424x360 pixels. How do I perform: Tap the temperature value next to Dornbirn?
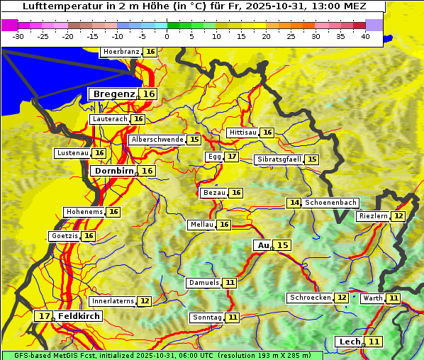(x=147, y=171)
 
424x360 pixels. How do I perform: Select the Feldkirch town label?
(x=79, y=316)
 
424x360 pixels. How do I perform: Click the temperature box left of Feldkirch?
(x=44, y=316)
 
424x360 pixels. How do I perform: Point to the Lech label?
(x=350, y=342)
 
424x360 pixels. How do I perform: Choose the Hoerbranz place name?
(x=121, y=52)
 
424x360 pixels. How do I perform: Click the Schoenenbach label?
(x=330, y=203)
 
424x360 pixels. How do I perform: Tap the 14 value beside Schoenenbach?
(x=294, y=203)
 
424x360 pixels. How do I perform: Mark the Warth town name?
(x=372, y=298)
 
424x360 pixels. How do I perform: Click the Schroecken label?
(x=310, y=298)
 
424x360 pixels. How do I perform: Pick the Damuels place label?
(x=203, y=283)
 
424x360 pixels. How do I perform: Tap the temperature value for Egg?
(x=232, y=157)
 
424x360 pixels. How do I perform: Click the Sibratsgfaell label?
(x=279, y=159)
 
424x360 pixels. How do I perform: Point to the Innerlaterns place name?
(x=113, y=301)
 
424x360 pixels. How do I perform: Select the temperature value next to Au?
(x=282, y=245)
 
